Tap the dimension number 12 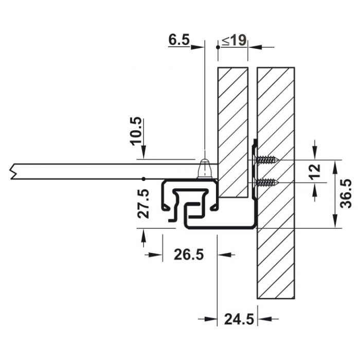point(316,169)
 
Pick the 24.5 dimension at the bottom point(239,319)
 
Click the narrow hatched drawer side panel point(232,131)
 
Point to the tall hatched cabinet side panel point(276,183)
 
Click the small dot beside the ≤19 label point(218,47)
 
